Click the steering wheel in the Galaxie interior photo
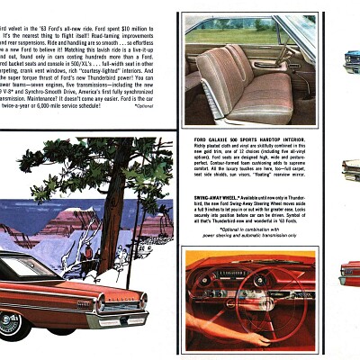[293, 55]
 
